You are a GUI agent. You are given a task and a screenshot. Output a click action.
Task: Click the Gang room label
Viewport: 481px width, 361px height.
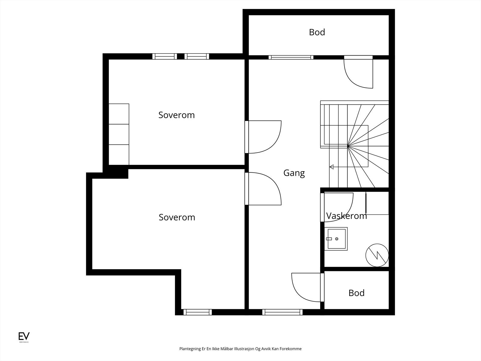pos(294,173)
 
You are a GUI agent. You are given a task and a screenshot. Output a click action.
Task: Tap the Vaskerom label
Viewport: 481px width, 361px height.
pos(346,216)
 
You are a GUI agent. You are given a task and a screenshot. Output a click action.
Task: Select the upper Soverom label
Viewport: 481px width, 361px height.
pos(176,115)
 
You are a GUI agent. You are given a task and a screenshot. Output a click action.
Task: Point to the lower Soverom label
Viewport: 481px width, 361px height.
pos(177,217)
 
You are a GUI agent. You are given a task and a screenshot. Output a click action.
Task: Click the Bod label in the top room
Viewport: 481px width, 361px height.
pos(317,32)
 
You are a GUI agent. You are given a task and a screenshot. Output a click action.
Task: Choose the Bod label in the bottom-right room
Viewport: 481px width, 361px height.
pos(356,293)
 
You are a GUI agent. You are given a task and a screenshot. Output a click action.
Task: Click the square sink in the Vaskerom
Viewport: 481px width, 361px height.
pos(336,239)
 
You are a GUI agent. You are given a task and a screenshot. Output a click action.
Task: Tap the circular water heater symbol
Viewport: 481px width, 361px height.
pos(377,255)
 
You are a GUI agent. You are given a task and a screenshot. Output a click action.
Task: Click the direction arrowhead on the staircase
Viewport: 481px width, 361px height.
pos(332,167)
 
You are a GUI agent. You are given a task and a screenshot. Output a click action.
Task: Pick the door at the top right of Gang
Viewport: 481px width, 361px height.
pos(358,72)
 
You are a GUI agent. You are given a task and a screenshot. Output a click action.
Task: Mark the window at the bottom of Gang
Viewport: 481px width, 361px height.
pos(282,312)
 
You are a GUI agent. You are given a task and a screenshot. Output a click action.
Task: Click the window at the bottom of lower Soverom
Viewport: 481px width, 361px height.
pos(198,312)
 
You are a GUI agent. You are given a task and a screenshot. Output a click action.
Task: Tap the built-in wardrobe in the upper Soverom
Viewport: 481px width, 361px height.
pos(119,134)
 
